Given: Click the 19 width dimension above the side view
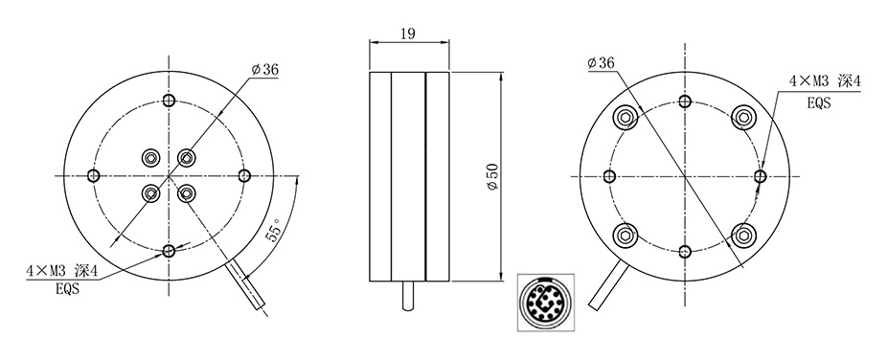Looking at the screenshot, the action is pos(407,34).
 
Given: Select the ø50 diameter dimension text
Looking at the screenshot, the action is pos(492,176).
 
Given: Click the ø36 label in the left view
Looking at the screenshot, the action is pos(264,70).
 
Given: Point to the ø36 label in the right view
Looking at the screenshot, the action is pos(601,63).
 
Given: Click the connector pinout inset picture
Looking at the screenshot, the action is pos(546,303).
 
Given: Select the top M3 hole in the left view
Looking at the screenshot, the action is pos(169,101).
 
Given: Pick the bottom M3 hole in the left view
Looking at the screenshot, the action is pos(169,251).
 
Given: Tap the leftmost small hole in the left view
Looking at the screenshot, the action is pos(93,176).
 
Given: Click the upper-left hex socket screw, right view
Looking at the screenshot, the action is pos(625,118).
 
